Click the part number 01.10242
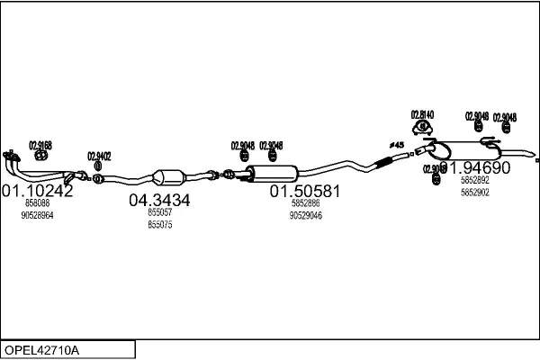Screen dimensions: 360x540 click(x=37, y=191)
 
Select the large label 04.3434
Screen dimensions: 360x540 click(x=159, y=201)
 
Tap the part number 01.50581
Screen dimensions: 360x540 click(x=305, y=192)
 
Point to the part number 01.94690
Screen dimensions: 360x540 click(x=474, y=168)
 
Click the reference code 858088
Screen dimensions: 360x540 click(x=37, y=205)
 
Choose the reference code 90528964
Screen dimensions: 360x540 click(x=37, y=216)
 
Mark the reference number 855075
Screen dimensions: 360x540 click(x=159, y=225)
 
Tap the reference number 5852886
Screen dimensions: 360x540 click(x=305, y=204)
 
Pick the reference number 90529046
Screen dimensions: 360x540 click(x=305, y=216)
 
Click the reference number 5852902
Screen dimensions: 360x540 click(x=474, y=193)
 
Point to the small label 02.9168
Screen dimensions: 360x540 click(x=40, y=144)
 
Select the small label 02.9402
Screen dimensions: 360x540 click(x=99, y=156)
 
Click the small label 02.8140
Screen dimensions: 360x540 click(x=423, y=114)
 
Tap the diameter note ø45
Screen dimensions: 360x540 click(x=396, y=145)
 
